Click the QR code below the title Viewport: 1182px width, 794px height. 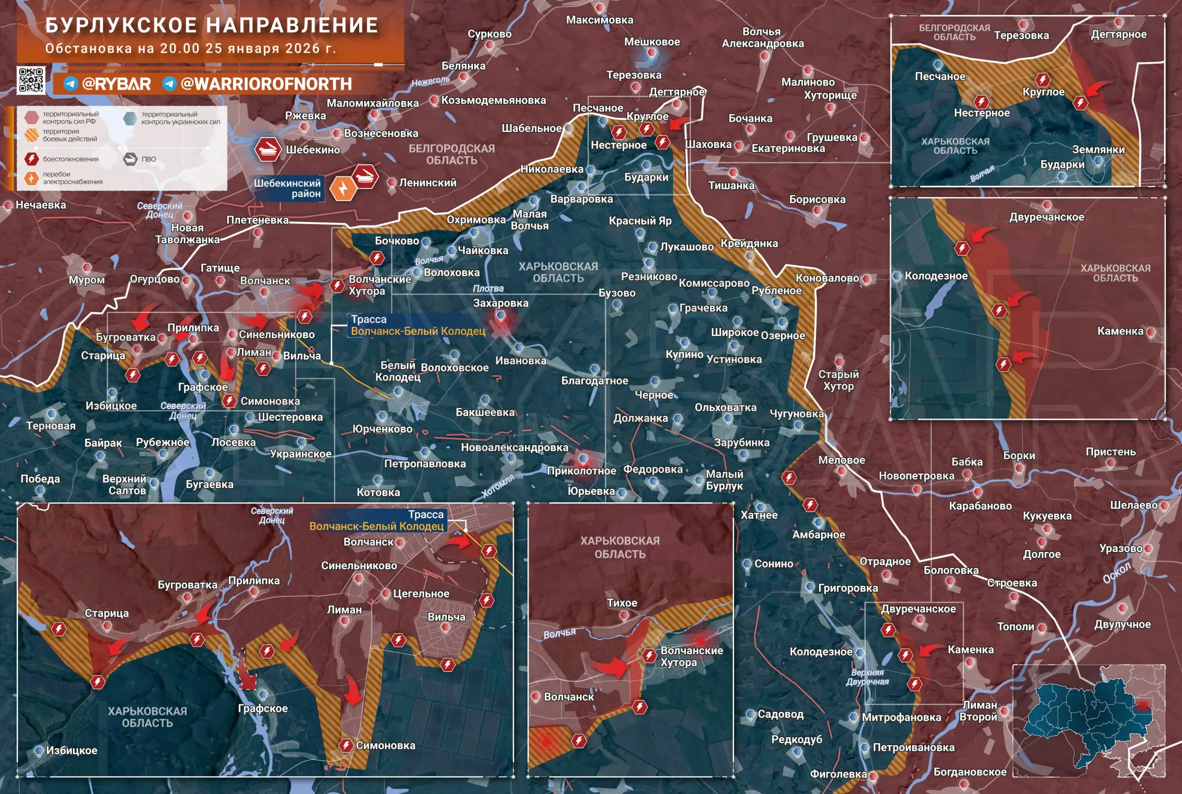tap(31, 80)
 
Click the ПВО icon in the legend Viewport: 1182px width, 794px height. tap(131, 159)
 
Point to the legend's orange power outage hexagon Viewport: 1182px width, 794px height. tap(31, 178)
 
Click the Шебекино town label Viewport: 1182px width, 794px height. tap(313, 150)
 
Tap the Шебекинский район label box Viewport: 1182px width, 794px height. tap(288, 188)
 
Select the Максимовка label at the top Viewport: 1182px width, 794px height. tap(600, 20)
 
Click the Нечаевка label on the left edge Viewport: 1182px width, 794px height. tap(41, 205)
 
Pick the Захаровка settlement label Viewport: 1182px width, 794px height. tap(501, 303)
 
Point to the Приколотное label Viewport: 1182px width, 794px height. tap(581, 471)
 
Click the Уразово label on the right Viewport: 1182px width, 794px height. tap(1120, 548)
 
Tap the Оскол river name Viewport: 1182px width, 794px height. tap(1117, 573)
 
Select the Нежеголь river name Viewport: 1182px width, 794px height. tap(430, 81)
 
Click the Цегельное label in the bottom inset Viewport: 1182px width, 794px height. tap(421, 594)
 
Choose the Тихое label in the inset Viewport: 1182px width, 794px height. tap(622, 603)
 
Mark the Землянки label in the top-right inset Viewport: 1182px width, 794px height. tap(1098, 150)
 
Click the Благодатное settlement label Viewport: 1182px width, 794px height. tap(595, 381)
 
